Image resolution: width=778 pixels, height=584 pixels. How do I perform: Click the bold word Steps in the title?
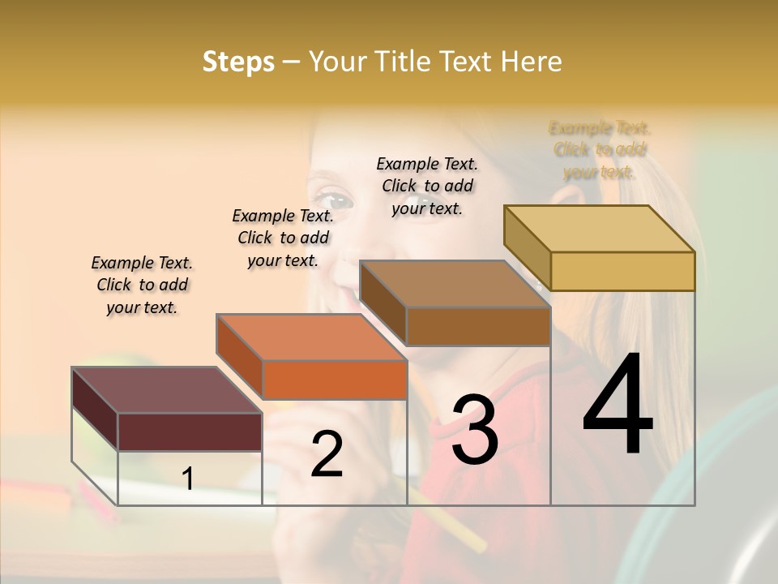click(x=238, y=62)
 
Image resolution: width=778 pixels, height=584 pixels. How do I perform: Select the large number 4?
click(x=618, y=406)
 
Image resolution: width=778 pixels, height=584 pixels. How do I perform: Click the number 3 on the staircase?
click(x=474, y=430)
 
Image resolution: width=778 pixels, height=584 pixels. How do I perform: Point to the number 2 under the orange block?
click(x=327, y=454)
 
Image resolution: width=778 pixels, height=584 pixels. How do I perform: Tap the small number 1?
click(x=188, y=479)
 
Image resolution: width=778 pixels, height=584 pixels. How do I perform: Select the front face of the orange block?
click(x=335, y=380)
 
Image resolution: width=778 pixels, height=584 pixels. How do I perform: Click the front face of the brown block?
click(x=478, y=326)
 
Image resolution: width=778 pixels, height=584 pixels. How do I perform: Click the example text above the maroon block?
click(x=142, y=285)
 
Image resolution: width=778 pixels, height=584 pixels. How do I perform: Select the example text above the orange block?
click(x=283, y=238)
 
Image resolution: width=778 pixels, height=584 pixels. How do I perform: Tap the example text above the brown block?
click(x=427, y=186)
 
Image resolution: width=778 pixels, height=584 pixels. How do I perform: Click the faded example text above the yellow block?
click(x=600, y=149)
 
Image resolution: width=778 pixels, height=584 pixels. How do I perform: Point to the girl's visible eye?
click(x=333, y=197)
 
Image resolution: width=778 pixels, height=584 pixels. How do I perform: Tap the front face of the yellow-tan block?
click(x=622, y=271)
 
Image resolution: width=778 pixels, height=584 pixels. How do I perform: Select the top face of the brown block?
click(x=455, y=284)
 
